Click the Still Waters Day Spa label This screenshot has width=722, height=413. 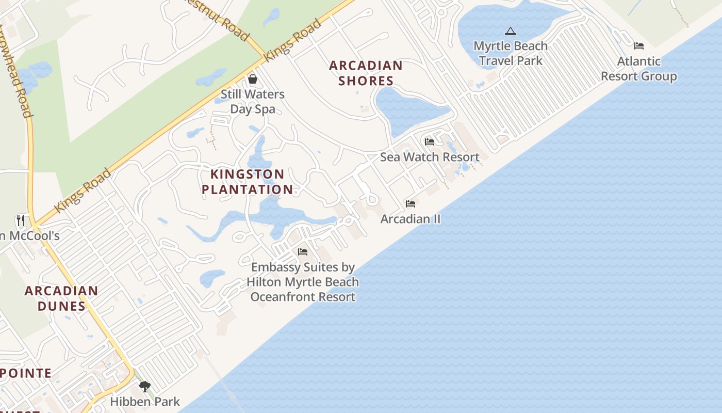coord(253,102)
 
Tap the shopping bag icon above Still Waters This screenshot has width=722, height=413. coord(253,79)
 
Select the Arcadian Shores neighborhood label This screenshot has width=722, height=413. coord(366,73)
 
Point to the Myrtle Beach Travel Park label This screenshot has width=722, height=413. coord(511,53)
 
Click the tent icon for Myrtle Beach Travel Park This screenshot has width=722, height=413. coord(511,31)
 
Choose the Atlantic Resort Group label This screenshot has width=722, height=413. coord(639,69)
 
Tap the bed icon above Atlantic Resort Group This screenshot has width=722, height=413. coord(639,46)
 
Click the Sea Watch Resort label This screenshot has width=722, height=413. coord(430,157)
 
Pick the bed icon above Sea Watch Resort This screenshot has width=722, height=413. coord(430,142)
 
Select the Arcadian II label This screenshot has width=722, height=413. coord(411,219)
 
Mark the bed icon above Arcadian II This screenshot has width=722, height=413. coord(411,204)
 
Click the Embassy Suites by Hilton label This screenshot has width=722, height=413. coord(303,282)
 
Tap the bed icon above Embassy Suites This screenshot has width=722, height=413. coord(303,252)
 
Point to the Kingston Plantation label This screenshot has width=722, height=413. coord(248,182)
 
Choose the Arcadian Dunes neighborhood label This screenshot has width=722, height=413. coord(61,298)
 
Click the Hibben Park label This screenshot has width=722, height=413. coord(145,402)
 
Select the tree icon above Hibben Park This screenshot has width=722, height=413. coord(145,386)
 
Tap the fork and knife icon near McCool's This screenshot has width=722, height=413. coord(21,220)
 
